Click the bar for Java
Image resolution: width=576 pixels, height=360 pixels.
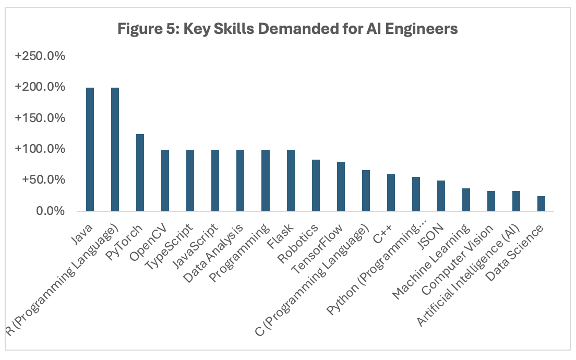(x=90, y=149)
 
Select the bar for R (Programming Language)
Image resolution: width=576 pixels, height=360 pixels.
(x=115, y=149)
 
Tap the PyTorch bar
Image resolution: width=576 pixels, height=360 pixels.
(x=140, y=173)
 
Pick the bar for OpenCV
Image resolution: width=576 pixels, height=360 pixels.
(x=165, y=181)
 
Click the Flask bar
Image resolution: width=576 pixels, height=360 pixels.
(x=291, y=181)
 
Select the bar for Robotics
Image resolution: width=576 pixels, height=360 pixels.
(x=316, y=185)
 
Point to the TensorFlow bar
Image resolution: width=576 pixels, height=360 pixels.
(x=341, y=186)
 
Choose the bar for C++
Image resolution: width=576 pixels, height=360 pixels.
(x=391, y=193)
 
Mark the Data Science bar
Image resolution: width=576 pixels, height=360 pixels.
(x=541, y=203)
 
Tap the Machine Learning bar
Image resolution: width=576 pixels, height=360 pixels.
(x=466, y=200)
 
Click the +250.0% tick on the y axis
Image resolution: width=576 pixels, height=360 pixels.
(x=40, y=56)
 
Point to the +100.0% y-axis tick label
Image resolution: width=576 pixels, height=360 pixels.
(x=40, y=149)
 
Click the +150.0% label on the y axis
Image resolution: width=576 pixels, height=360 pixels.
(x=40, y=118)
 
